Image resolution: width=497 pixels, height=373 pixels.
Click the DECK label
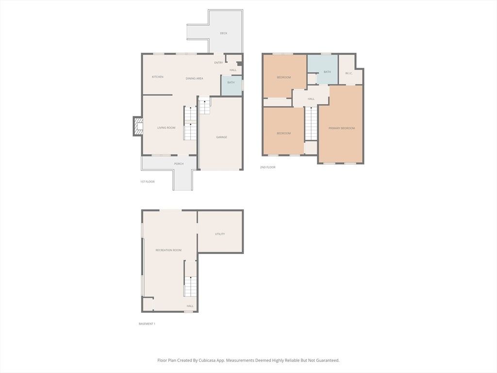coord(223,33)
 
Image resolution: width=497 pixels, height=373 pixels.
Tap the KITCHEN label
coord(158,77)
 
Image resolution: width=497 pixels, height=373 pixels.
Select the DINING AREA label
coord(194,78)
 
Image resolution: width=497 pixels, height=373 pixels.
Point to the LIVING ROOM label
coord(166,128)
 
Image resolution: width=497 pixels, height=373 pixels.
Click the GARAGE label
coord(221,137)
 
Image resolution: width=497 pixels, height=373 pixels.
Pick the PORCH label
coord(179,164)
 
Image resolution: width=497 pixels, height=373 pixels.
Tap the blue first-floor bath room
coord(232,85)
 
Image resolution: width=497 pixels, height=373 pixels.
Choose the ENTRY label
coord(218,63)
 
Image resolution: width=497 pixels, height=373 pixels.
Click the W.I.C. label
coord(348,73)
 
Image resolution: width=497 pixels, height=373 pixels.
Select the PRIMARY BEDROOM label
coord(341,128)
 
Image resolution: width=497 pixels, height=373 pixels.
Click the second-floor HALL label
coord(311,99)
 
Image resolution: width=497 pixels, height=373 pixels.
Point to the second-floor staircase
coord(311,124)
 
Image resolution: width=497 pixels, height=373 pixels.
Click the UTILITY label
coord(220,234)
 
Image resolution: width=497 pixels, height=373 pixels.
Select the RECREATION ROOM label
coord(168,250)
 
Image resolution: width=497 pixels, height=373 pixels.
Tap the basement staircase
coord(190,278)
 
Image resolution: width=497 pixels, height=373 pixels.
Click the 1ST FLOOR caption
coord(148,182)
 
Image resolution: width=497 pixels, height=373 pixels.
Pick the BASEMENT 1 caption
coord(147,324)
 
